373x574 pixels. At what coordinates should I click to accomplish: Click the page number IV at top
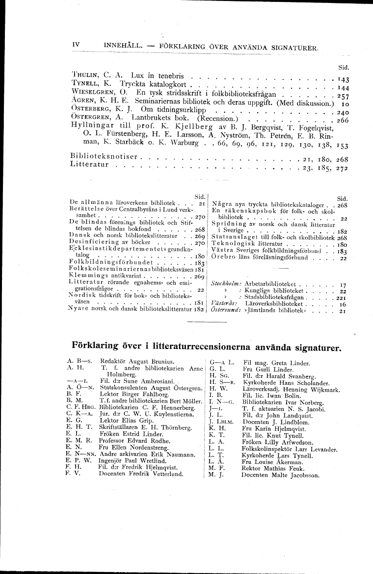point(76,45)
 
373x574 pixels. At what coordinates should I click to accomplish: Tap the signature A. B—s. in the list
point(76,360)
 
